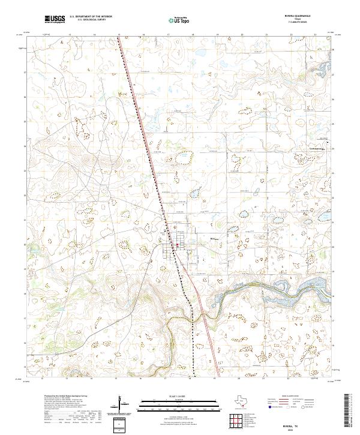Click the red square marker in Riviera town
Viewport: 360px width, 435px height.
click(178, 244)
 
